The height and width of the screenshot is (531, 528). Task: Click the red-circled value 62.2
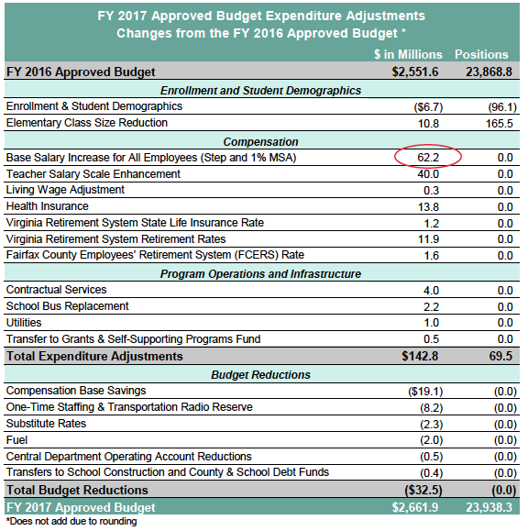point(428,158)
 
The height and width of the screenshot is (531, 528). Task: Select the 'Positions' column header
point(481,54)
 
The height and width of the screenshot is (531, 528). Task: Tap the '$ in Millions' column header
point(408,54)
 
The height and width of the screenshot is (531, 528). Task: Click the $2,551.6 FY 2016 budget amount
point(415,72)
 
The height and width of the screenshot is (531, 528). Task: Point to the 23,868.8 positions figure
point(489,72)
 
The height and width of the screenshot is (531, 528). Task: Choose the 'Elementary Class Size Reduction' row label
point(87,123)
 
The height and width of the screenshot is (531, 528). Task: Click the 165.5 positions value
point(500,124)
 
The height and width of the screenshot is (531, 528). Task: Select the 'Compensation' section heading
point(260,142)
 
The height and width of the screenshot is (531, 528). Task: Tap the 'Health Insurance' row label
point(48,206)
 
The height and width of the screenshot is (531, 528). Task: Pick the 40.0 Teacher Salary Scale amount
point(428,174)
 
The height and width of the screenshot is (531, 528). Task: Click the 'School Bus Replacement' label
point(67,306)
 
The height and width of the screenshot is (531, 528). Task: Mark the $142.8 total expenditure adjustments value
point(420,356)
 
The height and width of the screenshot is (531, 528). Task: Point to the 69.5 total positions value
point(500,356)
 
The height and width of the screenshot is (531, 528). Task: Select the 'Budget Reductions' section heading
point(260,375)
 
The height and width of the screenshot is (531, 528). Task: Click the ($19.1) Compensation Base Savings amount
point(425,392)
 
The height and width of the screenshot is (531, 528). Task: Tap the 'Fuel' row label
point(16,440)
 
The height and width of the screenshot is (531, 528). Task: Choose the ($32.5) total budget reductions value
point(423,491)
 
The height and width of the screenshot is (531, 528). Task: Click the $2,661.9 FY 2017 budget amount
point(415,507)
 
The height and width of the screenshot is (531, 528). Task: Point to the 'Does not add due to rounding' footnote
point(71,521)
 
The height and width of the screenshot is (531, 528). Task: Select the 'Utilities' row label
point(24,323)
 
